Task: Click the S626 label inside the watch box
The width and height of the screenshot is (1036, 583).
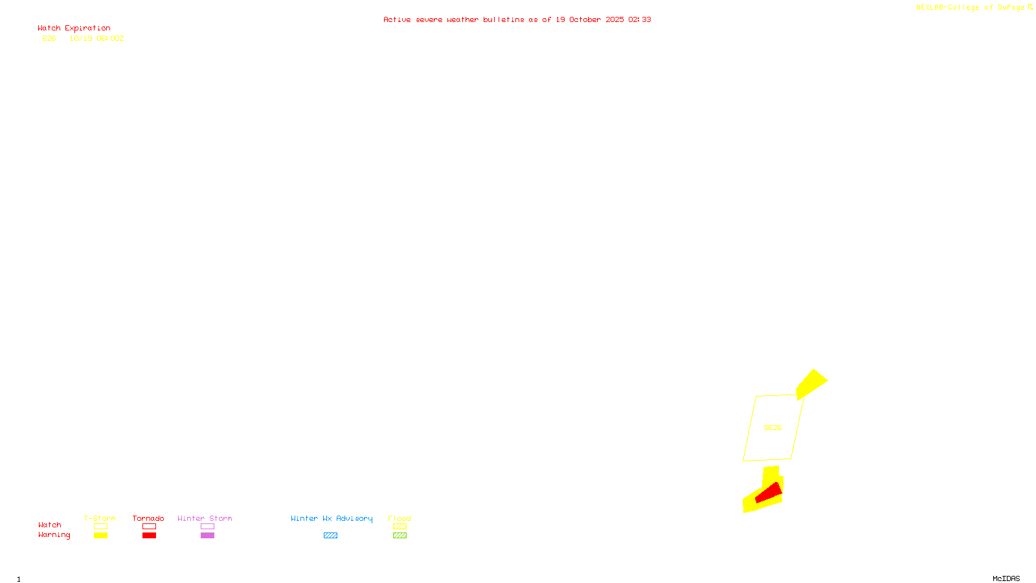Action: point(772,428)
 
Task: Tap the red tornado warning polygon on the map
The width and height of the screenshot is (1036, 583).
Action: point(769,494)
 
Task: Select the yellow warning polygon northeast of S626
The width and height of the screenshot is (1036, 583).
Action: point(811,383)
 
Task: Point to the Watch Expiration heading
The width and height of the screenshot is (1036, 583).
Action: point(74,29)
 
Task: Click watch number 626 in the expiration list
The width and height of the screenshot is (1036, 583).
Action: point(49,39)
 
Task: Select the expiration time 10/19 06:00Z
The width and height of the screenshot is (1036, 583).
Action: point(96,39)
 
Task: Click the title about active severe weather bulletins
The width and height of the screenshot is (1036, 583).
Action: point(517,20)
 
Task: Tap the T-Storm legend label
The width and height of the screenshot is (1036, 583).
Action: point(100,518)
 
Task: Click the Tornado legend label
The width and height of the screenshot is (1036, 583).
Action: point(148,518)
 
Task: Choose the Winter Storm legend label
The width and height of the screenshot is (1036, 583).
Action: point(205,518)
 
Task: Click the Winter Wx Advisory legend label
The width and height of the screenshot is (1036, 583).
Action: point(332,518)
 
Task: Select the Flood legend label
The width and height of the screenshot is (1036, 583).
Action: point(400,518)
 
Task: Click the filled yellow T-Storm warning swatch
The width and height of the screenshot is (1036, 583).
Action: point(100,536)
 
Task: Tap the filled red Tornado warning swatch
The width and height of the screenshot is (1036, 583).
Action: point(149,536)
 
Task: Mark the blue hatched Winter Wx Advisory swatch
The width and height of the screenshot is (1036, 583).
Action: point(330,536)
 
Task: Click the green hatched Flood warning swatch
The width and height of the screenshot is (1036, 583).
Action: point(400,536)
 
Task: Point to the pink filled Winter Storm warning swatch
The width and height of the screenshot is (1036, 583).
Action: point(207,536)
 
